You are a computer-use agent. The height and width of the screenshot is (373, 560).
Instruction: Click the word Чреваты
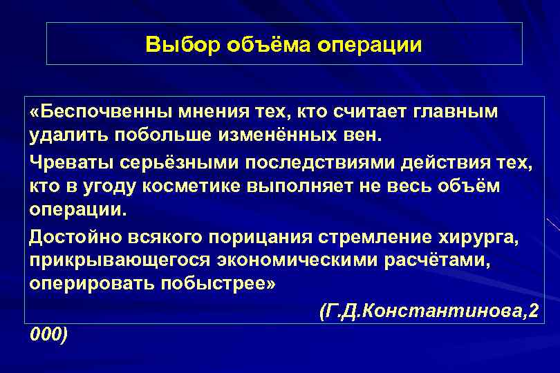66,164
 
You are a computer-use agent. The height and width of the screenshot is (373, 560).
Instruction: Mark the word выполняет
317,187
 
